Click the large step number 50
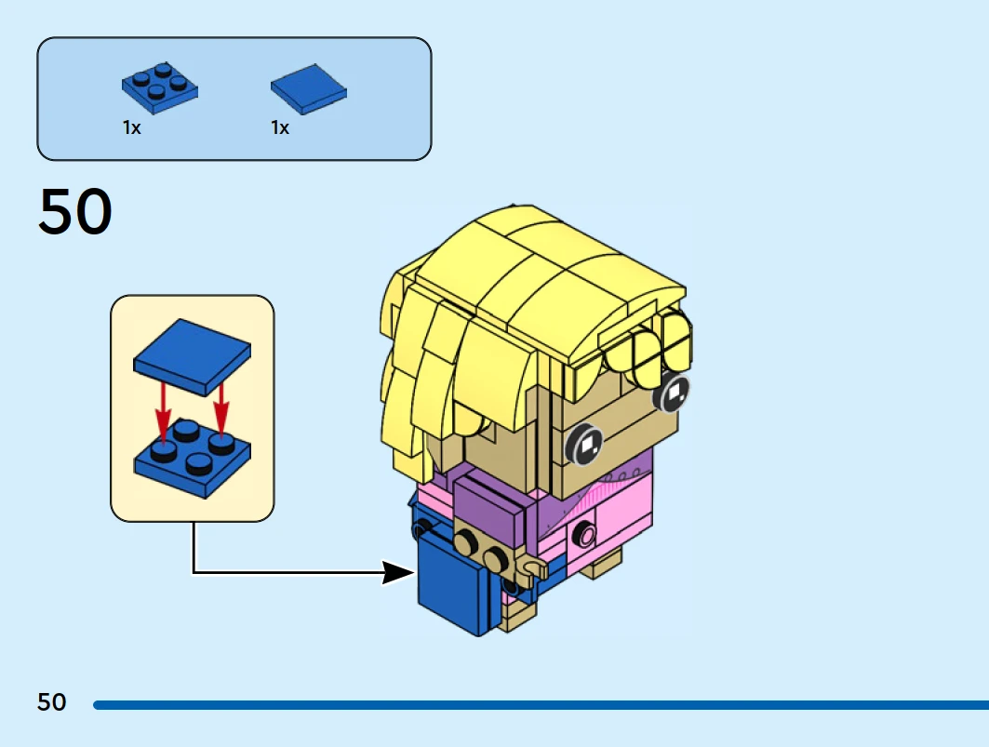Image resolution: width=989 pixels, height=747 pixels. point(75,212)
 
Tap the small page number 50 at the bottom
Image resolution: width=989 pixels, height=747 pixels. point(52,702)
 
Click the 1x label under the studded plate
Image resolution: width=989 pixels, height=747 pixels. point(131,128)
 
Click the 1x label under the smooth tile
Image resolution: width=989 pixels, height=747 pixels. point(280,128)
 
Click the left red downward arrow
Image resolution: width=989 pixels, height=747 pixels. point(164,409)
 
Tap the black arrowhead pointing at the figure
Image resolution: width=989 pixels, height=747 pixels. point(398,571)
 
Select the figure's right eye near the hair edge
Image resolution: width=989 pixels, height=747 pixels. point(673,394)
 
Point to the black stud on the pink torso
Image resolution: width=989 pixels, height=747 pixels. point(584,534)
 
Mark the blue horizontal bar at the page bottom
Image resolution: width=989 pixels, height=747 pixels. point(540,705)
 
